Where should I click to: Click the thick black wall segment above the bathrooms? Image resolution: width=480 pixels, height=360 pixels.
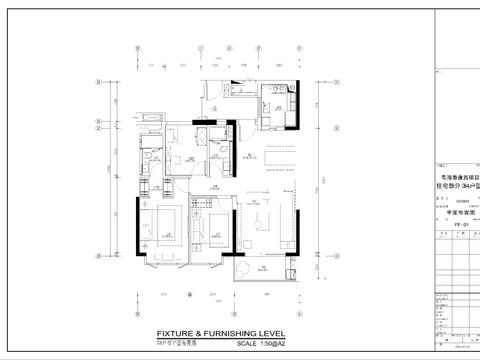pos(200,123)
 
